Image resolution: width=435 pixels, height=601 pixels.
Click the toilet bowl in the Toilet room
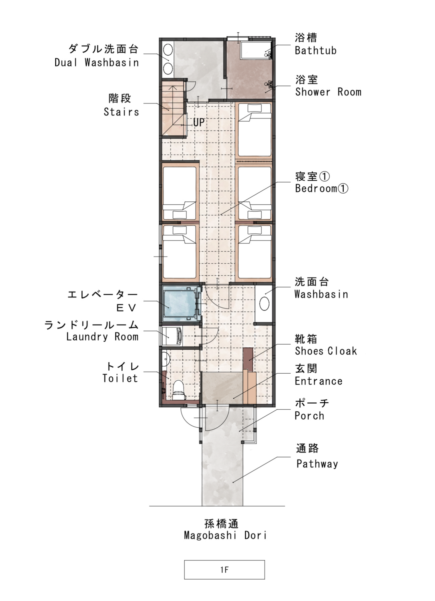click(x=179, y=390)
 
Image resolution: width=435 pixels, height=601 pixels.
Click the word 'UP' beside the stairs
click(x=199, y=123)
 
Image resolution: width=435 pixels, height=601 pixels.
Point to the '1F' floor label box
click(x=225, y=570)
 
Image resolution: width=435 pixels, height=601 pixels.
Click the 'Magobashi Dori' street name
click(x=225, y=536)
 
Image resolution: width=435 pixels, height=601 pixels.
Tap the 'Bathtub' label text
click(x=316, y=51)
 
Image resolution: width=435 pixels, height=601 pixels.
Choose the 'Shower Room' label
click(x=328, y=92)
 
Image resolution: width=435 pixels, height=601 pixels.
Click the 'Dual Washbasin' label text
click(x=97, y=62)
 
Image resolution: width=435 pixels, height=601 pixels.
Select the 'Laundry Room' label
click(x=102, y=337)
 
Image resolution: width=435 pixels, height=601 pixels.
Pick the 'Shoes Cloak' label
click(x=326, y=351)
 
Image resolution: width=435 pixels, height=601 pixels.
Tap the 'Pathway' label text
click(x=317, y=464)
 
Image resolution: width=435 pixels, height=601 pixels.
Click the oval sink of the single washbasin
click(x=264, y=303)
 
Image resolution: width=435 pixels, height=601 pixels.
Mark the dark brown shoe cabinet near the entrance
click(x=248, y=360)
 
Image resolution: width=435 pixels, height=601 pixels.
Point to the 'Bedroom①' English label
click(x=322, y=188)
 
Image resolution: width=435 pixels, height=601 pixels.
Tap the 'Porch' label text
click(x=310, y=416)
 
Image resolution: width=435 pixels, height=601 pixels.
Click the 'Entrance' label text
click(x=319, y=381)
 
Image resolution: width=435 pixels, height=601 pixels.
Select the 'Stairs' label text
click(x=121, y=112)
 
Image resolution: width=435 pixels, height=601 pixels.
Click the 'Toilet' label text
click(x=120, y=378)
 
